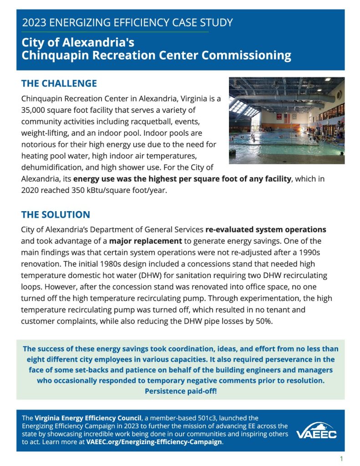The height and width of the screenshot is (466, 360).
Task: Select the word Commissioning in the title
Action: tap(246, 56)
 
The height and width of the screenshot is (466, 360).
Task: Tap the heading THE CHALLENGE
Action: tap(59, 83)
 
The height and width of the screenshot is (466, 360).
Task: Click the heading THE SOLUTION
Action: tap(56, 214)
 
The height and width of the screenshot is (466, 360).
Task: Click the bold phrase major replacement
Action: tap(146, 241)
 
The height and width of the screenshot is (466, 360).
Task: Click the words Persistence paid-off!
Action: tap(180, 391)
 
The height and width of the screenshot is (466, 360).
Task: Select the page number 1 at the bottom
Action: tap(341, 458)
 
